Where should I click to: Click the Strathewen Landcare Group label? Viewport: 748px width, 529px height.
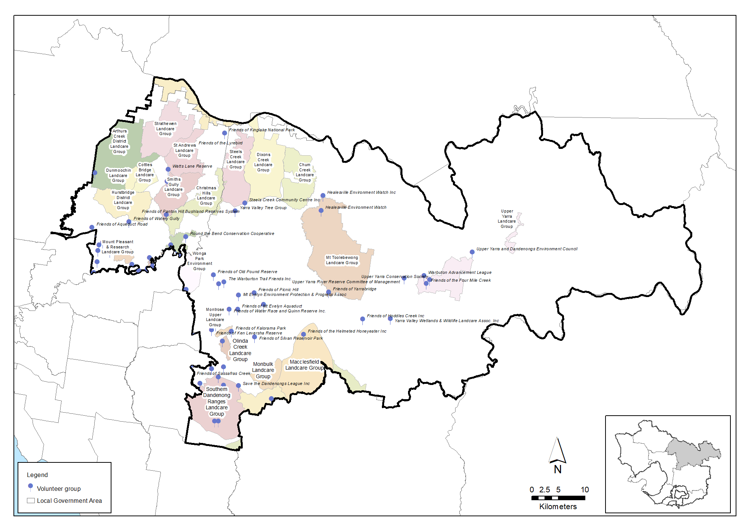coord(165,129)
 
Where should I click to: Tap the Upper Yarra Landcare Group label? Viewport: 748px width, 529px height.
coord(507,219)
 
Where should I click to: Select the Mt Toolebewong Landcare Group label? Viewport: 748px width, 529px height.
coord(342,260)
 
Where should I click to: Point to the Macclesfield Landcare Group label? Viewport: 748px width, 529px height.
coord(304,365)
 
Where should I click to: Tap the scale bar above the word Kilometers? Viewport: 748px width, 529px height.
coord(558,498)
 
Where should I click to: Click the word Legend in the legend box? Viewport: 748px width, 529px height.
coord(37,475)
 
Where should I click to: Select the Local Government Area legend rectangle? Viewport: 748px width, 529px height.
coord(31,501)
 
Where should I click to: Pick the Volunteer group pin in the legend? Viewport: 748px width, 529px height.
coord(31,486)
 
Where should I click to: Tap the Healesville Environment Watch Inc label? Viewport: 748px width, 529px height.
coord(361,192)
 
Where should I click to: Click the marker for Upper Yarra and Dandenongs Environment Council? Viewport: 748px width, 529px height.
coord(472,252)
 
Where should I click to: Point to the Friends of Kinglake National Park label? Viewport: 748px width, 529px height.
coord(262,130)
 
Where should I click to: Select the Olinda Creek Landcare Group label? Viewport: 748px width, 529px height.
coord(240,350)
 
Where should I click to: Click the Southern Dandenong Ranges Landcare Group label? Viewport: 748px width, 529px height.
coord(217,401)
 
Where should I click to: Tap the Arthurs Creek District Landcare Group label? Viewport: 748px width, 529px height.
coord(119,141)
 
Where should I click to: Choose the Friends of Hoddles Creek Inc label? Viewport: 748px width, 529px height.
coord(395,316)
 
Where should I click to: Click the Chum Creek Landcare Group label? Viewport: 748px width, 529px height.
coord(305,172)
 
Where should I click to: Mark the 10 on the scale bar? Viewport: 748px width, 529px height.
coord(585,489)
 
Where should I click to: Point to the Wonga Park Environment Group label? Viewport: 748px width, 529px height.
coord(199,261)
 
